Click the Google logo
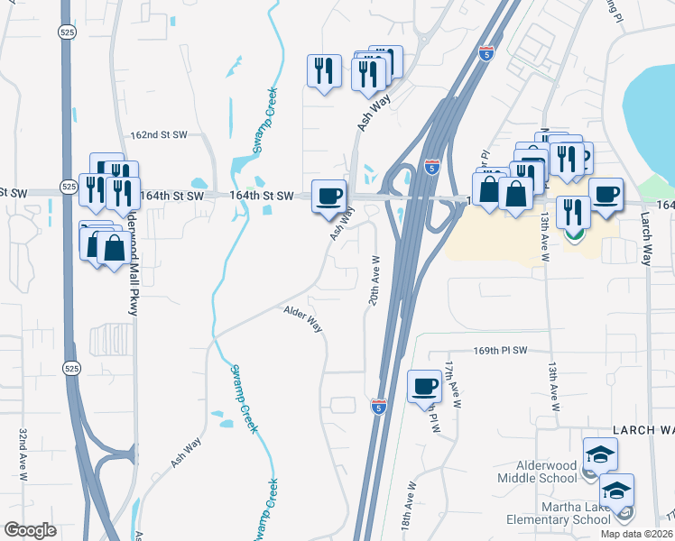coord(31,530)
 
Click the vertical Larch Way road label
coord(645,240)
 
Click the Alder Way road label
coord(304,320)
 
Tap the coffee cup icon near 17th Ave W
coord(425,387)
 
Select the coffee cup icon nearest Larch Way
coord(606,193)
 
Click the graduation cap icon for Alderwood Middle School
coord(600,454)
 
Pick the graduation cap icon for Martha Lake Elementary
coord(616,490)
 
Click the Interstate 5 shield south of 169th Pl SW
coord(379,407)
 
